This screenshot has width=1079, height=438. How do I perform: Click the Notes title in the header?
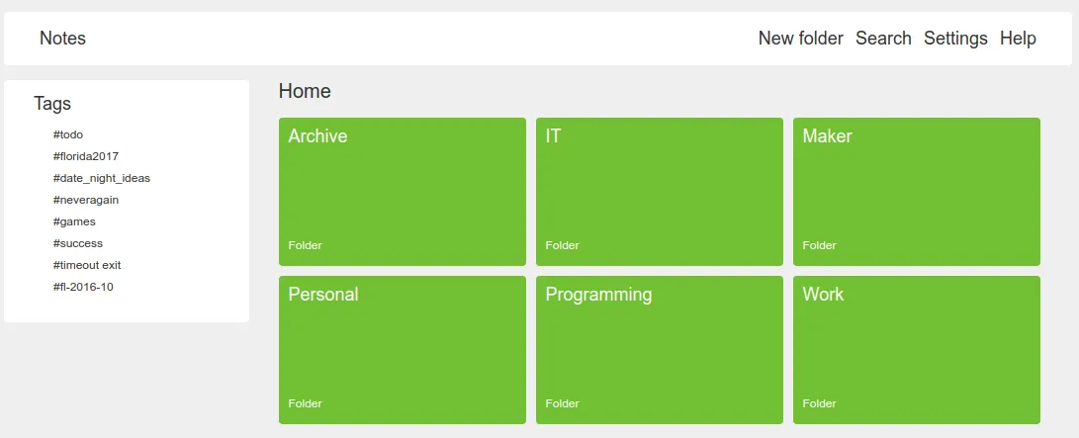tap(62, 39)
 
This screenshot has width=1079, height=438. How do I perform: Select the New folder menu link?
tap(800, 39)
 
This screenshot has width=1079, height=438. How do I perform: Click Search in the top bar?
tap(883, 39)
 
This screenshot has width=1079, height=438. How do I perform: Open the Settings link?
tap(955, 39)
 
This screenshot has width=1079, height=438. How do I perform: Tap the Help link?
tap(1018, 39)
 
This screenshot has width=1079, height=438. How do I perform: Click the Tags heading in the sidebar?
tap(52, 103)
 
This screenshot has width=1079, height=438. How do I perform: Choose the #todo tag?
tap(68, 134)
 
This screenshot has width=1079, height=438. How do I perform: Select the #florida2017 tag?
tap(86, 156)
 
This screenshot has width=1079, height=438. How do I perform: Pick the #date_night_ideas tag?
tap(102, 178)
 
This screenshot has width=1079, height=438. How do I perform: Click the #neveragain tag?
tap(86, 200)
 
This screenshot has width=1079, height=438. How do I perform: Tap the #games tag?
tap(74, 221)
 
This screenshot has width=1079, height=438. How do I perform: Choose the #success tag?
tap(78, 243)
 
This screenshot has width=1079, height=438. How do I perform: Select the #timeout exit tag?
tap(87, 265)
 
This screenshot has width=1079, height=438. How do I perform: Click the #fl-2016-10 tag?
tap(84, 287)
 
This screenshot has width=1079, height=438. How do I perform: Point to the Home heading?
tap(305, 91)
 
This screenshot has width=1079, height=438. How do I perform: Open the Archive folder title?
tap(317, 136)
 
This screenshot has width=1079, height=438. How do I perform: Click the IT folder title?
tap(553, 136)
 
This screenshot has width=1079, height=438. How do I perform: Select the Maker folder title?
tap(827, 136)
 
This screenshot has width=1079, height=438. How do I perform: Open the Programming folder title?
tap(598, 295)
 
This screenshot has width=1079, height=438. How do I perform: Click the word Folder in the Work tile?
tap(819, 403)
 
